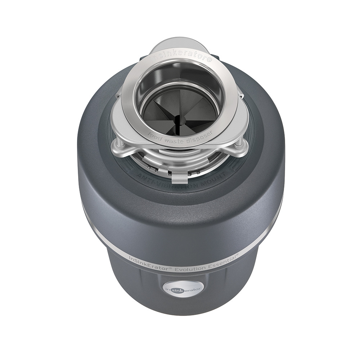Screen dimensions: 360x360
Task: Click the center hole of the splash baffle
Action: [x=179, y=116]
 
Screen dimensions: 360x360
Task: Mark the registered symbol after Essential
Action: [x=237, y=255]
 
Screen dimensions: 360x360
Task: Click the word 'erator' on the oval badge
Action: [x=191, y=289]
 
